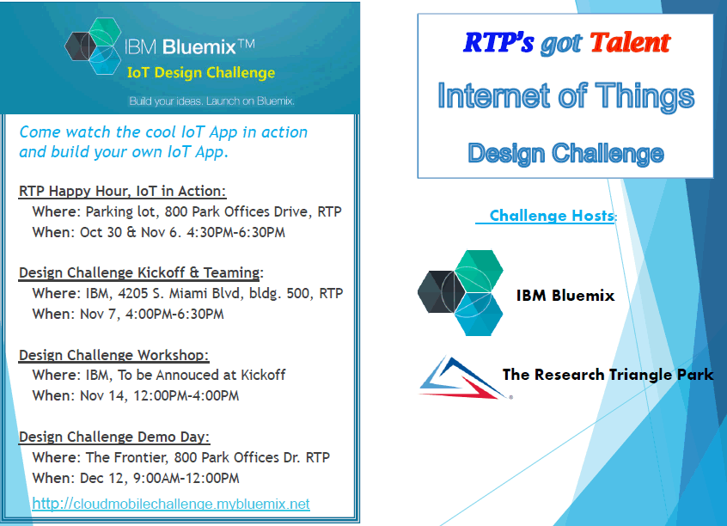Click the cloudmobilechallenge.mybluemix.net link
pos(171,504)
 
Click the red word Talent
pos(630,43)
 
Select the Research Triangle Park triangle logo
pos(465,378)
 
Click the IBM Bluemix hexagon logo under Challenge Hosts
pos(461,293)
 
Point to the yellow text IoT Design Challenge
pos(201,73)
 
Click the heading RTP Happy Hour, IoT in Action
pos(122,191)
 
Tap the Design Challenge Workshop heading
pos(113,355)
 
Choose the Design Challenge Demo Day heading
pos(114,437)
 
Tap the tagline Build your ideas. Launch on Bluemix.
pos(212,101)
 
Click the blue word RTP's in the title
pos(498,43)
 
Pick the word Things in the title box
pos(645,95)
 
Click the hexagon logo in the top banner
pos(93,46)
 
